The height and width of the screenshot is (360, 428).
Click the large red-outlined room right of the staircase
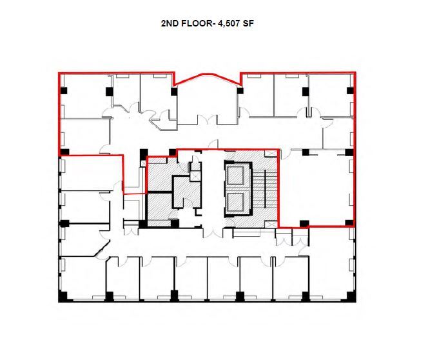[x=314, y=188]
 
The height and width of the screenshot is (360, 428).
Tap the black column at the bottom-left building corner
[x=63, y=297]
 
